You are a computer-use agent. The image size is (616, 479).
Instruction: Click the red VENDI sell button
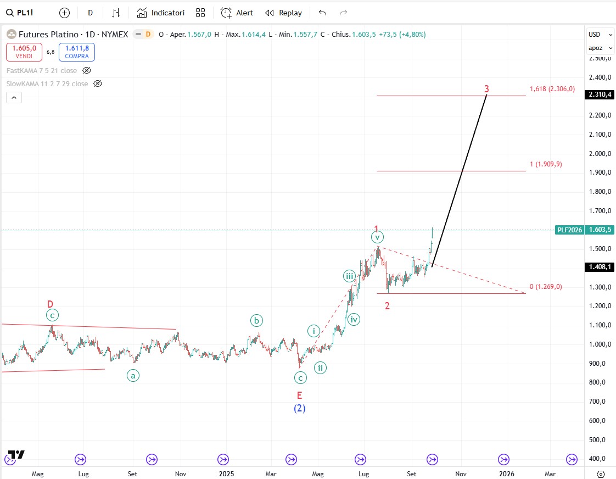24,52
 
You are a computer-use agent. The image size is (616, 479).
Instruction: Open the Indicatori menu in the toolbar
160,13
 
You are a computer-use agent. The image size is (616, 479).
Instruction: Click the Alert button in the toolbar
237,13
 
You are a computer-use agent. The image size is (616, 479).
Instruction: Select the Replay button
283,13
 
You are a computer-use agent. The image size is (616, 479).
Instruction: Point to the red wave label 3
486,88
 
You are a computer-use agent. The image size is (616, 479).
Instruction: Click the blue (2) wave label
299,408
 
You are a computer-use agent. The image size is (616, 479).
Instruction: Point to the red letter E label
299,395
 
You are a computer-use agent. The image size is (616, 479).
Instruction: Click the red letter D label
50,304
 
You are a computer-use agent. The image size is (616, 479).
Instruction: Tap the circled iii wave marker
349,276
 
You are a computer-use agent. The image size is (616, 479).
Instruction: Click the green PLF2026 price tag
569,230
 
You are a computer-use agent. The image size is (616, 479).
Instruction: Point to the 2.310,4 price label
600,94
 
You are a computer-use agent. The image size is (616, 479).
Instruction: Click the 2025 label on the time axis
226,473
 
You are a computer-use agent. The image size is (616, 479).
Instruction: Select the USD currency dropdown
600,34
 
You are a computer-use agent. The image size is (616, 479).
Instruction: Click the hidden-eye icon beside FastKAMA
87,70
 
